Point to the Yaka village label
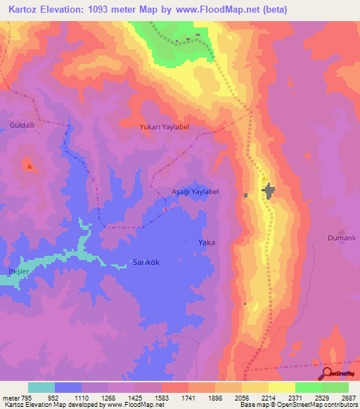(x=206, y=242)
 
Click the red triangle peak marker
(x=30, y=166)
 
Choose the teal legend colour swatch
(x=41, y=387)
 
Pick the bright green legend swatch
(x=308, y=387)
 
